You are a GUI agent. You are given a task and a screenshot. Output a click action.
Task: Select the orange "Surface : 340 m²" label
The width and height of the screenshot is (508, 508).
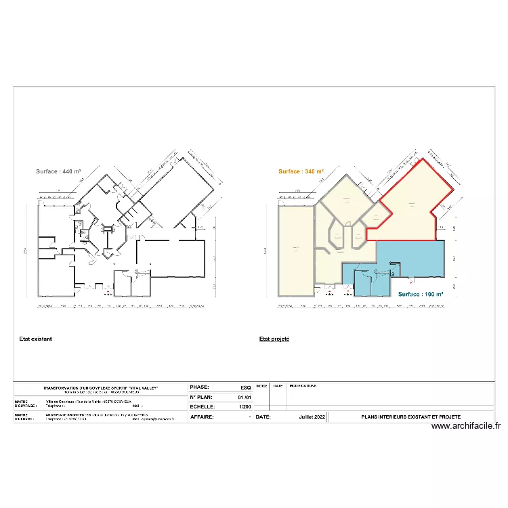301,172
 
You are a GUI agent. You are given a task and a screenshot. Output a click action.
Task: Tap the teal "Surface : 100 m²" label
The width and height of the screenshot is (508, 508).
421,294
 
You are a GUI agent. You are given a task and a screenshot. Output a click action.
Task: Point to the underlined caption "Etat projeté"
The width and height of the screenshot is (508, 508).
274,339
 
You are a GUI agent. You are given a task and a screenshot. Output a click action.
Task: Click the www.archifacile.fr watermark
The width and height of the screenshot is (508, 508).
466,426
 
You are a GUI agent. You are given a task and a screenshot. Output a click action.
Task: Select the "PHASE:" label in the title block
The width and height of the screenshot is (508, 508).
200,387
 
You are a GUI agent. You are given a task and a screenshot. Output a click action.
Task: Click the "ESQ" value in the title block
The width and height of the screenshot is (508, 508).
245,387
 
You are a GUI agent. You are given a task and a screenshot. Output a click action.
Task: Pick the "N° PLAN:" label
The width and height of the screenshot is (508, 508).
201,397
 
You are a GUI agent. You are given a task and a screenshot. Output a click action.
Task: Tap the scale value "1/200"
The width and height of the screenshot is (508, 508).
245,407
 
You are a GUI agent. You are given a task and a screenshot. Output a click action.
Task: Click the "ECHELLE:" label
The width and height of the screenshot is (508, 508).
203,407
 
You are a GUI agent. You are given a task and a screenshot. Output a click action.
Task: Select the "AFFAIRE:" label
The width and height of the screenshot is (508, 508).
203,417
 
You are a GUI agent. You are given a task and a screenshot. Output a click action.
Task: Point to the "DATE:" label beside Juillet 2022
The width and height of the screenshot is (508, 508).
263,417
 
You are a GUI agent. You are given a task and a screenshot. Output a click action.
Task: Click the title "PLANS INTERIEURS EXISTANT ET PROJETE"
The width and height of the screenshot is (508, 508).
410,417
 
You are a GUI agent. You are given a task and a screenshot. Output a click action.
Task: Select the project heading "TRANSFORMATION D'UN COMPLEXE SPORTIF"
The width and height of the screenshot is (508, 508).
100,387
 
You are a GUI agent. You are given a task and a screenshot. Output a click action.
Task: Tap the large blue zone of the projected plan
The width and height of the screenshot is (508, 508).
410,257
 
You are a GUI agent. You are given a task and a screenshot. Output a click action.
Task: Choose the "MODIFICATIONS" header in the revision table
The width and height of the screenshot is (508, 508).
303,385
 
